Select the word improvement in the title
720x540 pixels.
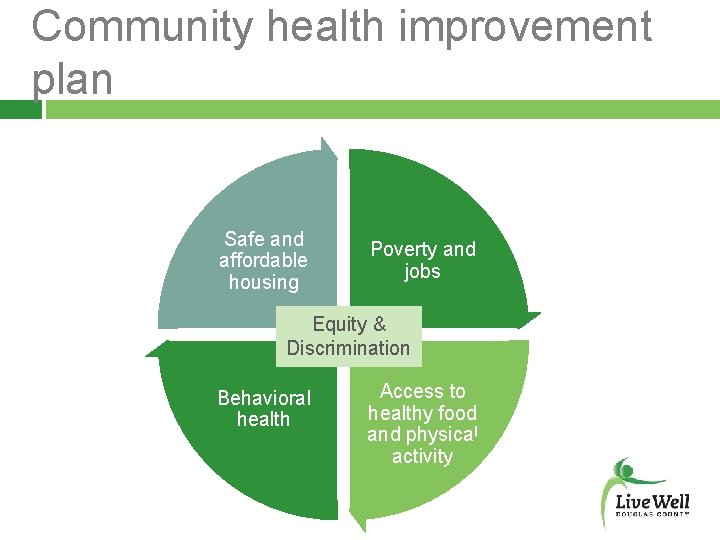click(524, 27)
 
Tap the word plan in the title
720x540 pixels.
click(72, 78)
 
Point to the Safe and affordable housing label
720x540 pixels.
click(264, 260)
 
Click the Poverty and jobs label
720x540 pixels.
click(423, 260)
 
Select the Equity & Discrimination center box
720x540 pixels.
click(349, 336)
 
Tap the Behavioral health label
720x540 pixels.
click(264, 408)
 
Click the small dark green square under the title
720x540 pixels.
click(20, 109)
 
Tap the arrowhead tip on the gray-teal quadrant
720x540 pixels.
click(332, 150)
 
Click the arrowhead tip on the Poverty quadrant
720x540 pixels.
click(534, 318)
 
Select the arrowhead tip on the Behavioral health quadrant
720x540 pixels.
click(152, 351)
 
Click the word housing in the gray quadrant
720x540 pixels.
click(264, 282)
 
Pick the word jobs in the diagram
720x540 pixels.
click(422, 271)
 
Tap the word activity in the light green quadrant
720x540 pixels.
click(422, 457)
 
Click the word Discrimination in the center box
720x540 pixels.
click(349, 348)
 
